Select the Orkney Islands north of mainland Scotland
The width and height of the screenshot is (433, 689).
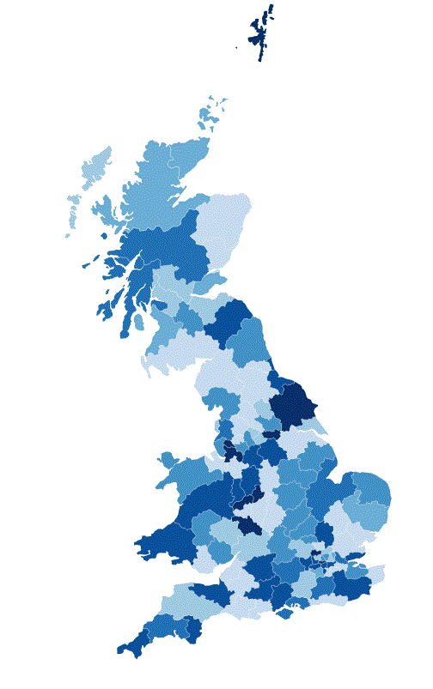[x=210, y=114]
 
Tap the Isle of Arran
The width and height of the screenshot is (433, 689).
[x=137, y=323]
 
